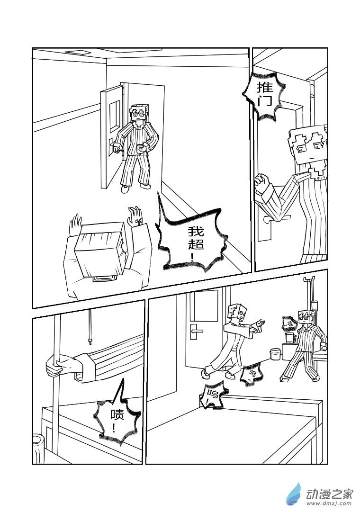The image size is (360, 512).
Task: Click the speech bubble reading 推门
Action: coord(264,95)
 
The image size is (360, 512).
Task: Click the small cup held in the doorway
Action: coord(140,149)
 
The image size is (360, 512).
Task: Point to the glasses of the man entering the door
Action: coord(138,113)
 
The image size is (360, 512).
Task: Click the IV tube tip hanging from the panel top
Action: coord(90,340)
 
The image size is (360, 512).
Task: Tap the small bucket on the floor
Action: coord(275,354)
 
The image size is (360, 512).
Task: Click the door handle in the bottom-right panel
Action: coord(196,331)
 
